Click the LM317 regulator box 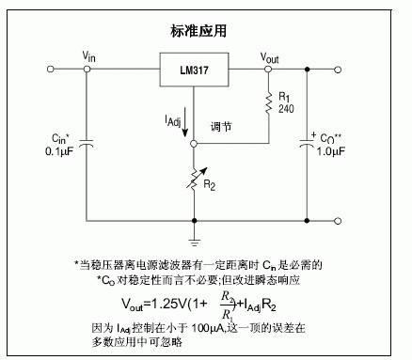tap(194, 70)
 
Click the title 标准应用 tap(198, 31)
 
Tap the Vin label tap(88, 56)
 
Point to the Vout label tap(269, 58)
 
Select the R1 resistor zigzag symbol tap(268, 102)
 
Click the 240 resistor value tap(286, 109)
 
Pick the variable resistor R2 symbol tap(196, 179)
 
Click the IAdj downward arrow tap(185, 122)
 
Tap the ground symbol tap(194, 242)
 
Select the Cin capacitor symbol tap(87, 144)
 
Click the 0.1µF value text tap(59, 151)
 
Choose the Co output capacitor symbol tap(307, 144)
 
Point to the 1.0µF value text tap(330, 151)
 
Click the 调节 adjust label tap(221, 127)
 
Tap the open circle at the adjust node tap(194, 144)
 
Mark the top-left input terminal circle tap(50, 69)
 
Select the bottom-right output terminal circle tap(338, 221)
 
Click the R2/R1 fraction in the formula tap(228, 305)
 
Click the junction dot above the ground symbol tap(194, 221)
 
